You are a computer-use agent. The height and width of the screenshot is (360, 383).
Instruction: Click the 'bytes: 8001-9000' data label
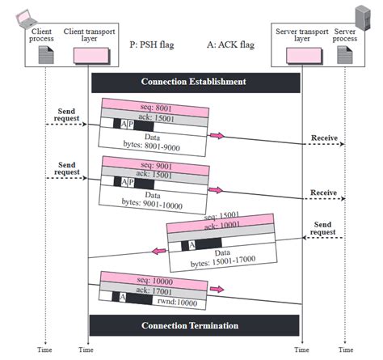(x=152, y=148)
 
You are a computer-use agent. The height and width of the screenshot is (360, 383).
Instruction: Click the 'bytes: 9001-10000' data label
(x=152, y=206)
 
